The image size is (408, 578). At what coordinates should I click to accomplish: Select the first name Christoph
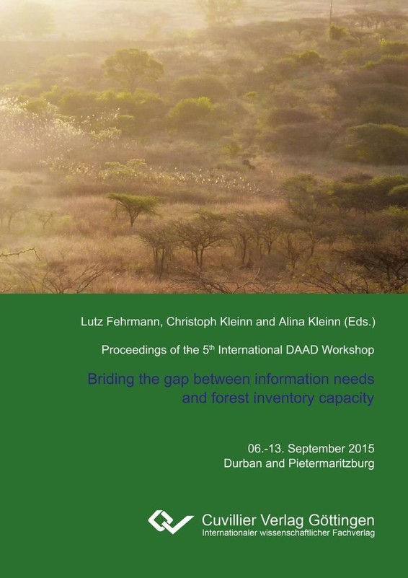click(191, 323)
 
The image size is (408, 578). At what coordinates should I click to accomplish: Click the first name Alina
click(290, 322)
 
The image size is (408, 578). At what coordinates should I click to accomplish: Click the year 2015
click(362, 449)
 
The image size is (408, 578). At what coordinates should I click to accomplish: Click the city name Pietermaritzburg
click(332, 464)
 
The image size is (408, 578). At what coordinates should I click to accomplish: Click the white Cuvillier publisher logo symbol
click(171, 522)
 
